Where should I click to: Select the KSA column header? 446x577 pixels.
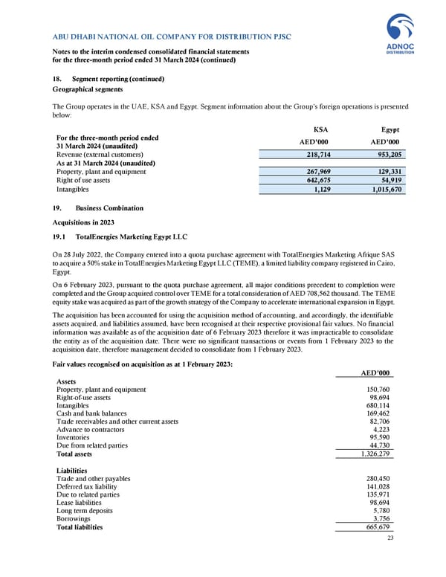coord(321,128)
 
